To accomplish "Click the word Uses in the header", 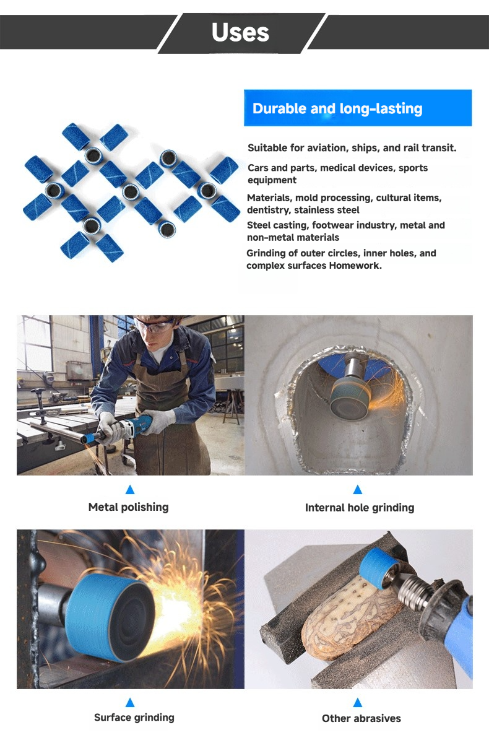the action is click(x=240, y=32).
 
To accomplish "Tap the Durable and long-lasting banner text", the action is click(x=337, y=109).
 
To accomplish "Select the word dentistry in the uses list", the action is click(x=269, y=210).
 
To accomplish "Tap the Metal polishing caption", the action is click(x=128, y=507).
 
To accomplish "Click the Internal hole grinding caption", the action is click(x=360, y=508).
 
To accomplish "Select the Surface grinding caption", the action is click(x=134, y=717).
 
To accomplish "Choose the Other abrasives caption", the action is click(x=361, y=718).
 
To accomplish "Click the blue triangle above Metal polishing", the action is click(x=130, y=490).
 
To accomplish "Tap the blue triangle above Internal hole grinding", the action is click(x=358, y=490).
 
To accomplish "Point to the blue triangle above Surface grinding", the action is click(x=130, y=702).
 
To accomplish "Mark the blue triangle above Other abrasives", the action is click(x=358, y=702).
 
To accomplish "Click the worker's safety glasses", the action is click(x=155, y=324).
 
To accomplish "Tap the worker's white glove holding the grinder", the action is click(x=110, y=427).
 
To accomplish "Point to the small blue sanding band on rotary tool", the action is click(x=379, y=566).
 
